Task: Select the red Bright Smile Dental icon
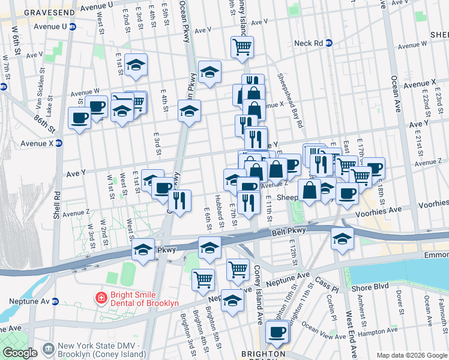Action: [x=101, y=296]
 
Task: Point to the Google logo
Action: [x=19, y=353]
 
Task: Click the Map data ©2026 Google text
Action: [x=412, y=355]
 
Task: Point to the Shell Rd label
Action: [x=56, y=201]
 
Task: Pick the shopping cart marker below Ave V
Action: [x=242, y=46]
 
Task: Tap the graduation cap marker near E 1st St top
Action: [x=136, y=64]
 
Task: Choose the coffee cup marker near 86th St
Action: [x=79, y=118]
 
